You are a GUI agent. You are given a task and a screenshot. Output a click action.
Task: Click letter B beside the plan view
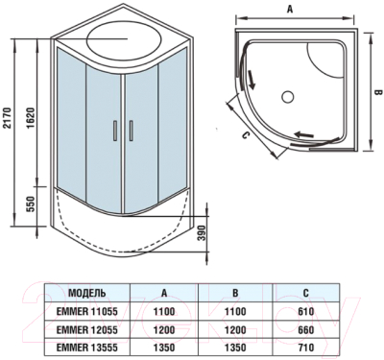tap(377, 92)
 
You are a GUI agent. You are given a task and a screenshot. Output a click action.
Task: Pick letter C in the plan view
tap(246, 133)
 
